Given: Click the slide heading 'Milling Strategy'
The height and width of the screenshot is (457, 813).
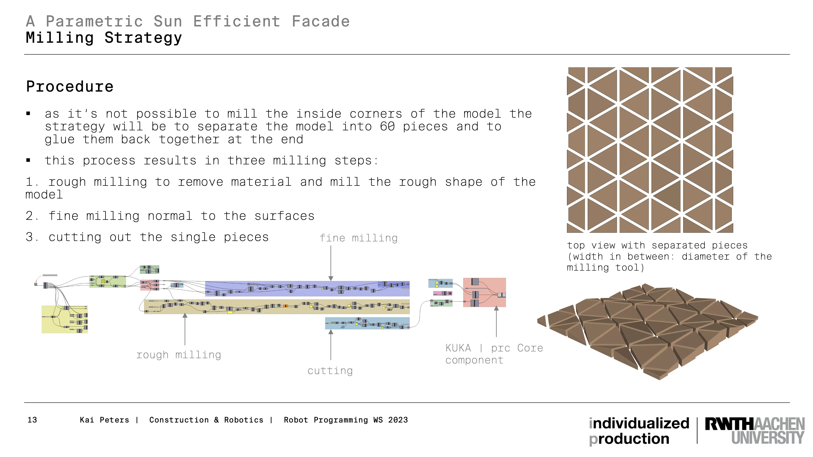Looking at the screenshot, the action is (104, 38).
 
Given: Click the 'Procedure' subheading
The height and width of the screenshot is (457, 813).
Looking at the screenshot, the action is (70, 86).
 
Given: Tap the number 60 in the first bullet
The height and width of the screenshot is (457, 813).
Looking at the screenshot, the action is (387, 127).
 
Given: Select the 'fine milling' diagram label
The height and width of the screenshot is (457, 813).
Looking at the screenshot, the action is (358, 238).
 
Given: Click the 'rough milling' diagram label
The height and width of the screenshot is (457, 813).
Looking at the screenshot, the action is (179, 355).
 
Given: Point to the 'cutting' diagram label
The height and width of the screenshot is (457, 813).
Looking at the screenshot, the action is (330, 371).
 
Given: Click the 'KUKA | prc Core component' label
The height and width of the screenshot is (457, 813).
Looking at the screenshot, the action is (494, 354).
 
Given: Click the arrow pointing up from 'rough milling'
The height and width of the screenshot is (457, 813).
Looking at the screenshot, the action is (185, 329).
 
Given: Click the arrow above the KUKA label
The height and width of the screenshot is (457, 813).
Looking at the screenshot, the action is (496, 321).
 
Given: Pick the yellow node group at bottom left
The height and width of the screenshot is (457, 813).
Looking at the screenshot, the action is (65, 319).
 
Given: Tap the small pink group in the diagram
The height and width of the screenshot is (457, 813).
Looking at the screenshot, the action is (442, 293).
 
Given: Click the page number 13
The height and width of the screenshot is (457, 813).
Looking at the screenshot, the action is (32, 420).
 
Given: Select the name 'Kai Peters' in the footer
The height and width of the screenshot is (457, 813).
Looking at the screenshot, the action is (104, 420).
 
